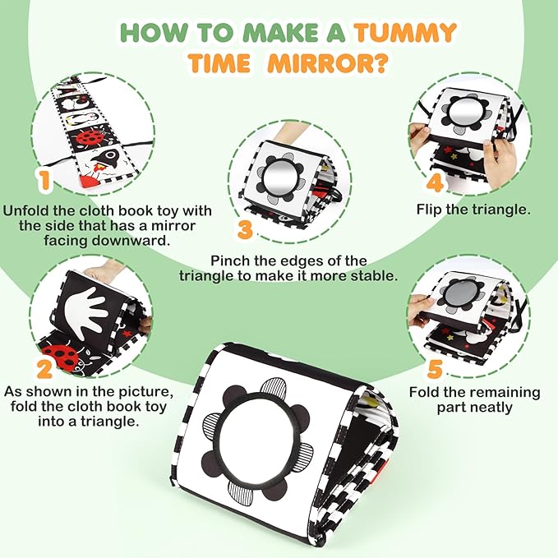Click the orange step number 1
point(44,181)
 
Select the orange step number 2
point(44,369)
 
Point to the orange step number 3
point(245,229)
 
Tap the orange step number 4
point(436,183)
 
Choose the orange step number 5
point(435,369)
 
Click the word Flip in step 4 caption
point(429,210)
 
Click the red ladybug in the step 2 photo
point(61,356)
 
